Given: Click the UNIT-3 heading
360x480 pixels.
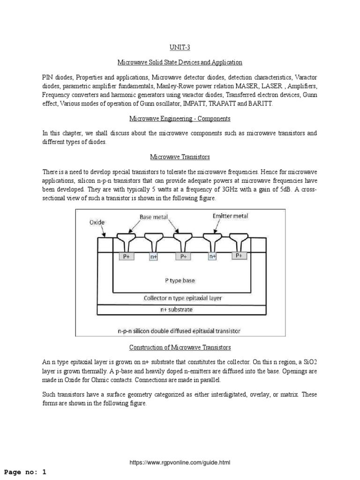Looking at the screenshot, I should tap(180, 48).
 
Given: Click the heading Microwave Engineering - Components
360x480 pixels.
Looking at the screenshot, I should tap(180, 119).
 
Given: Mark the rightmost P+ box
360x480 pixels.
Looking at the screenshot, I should tap(239, 255).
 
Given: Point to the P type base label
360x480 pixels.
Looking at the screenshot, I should tap(180, 281).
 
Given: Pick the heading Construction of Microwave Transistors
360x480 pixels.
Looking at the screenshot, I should tap(180, 347).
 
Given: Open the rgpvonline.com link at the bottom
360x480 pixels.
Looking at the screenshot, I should tap(180, 463).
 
